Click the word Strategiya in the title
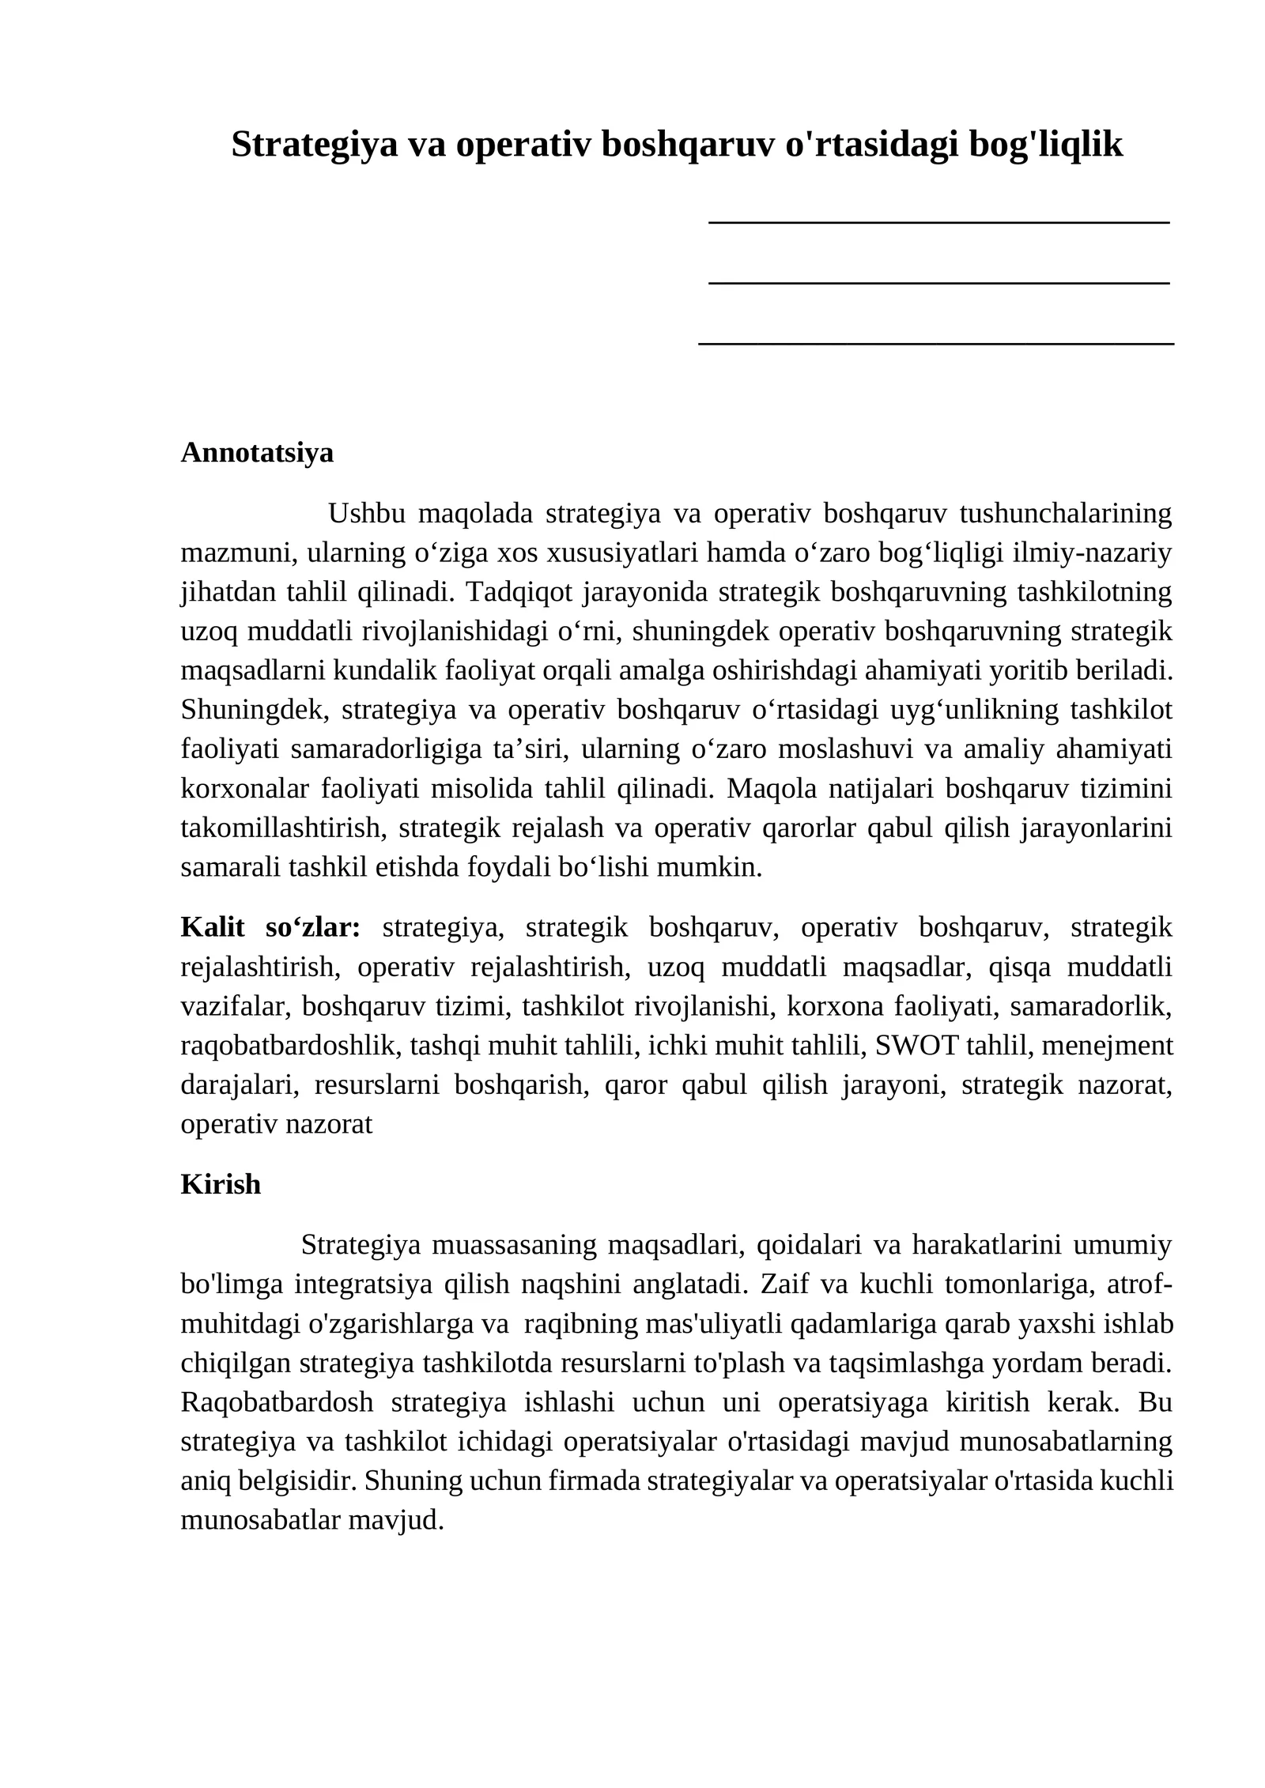tap(314, 145)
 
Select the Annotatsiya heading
tap(257, 453)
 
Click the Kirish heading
tap(221, 1184)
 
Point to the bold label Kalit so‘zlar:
tap(270, 927)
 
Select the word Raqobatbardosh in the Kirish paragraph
tap(277, 1402)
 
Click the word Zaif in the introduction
tap(780, 1284)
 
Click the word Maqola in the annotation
tap(763, 789)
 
